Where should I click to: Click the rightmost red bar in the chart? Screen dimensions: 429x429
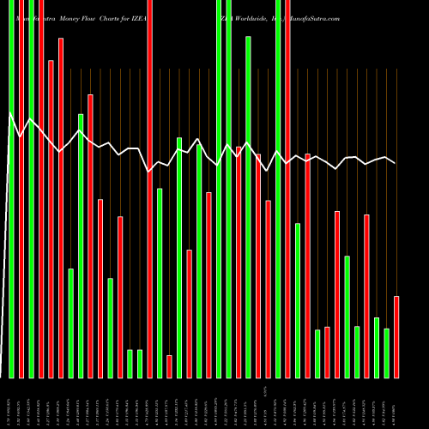click(x=396, y=336)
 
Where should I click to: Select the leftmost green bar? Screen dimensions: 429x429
click(x=11, y=189)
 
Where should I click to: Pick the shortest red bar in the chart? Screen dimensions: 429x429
click(x=169, y=366)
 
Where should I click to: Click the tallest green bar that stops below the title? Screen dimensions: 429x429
click(x=248, y=207)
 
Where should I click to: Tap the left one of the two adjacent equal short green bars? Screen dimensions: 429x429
click(x=130, y=364)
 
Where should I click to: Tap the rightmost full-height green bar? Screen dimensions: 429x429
click(x=278, y=189)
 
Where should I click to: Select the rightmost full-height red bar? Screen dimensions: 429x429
click(x=287, y=189)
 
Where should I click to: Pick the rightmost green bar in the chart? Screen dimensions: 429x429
click(x=386, y=353)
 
